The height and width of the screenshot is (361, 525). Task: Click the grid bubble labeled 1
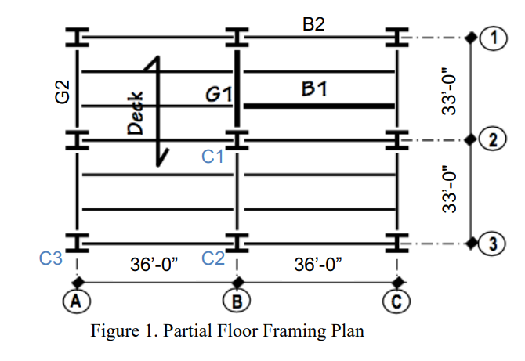point(493,37)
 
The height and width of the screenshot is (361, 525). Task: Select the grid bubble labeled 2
point(493,141)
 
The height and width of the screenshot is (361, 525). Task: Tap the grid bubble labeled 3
point(493,244)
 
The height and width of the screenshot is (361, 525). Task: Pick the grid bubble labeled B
point(237,299)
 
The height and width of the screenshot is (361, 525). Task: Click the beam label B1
point(315,89)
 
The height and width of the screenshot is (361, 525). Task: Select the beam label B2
point(313,23)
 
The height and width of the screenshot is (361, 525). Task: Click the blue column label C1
point(213,157)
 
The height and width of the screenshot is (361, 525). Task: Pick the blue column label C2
point(213,258)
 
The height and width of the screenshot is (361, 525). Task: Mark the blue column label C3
point(51,258)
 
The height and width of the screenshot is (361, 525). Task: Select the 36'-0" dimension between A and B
point(154,265)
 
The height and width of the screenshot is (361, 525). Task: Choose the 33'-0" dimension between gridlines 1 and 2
point(449,88)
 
